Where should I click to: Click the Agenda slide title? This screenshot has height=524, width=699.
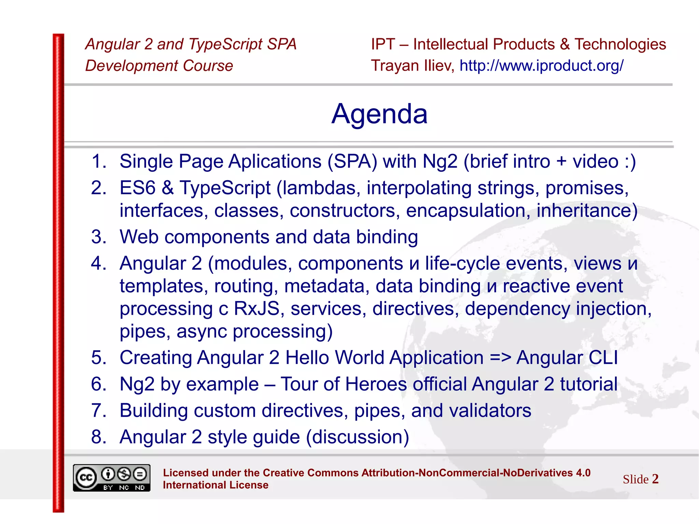[x=379, y=114]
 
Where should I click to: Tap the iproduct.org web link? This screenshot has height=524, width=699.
[x=542, y=66]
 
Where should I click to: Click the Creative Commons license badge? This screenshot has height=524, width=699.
[x=112, y=478]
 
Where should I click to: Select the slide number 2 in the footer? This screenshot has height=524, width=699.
[x=655, y=479]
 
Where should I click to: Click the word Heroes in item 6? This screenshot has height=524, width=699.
[x=376, y=384]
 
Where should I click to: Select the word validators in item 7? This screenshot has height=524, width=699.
[x=490, y=410]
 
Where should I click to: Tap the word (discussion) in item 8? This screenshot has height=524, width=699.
[x=357, y=437]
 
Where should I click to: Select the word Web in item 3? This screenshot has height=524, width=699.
[x=139, y=237]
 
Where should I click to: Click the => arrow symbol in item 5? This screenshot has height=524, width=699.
[x=500, y=358]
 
